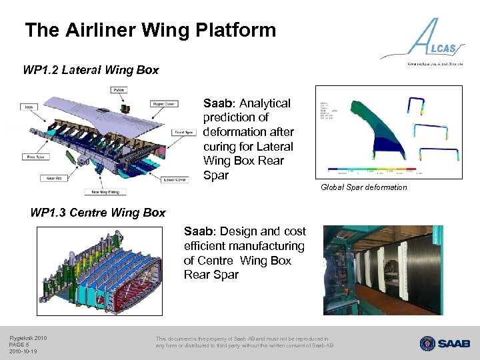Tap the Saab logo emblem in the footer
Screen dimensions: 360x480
click(427, 343)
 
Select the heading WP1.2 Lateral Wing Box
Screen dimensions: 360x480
click(91, 70)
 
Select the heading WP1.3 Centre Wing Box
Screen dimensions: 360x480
click(98, 213)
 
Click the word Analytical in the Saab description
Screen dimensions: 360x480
click(265, 103)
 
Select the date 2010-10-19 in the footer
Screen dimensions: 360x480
click(23, 351)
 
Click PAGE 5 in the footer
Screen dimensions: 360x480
click(20, 344)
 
